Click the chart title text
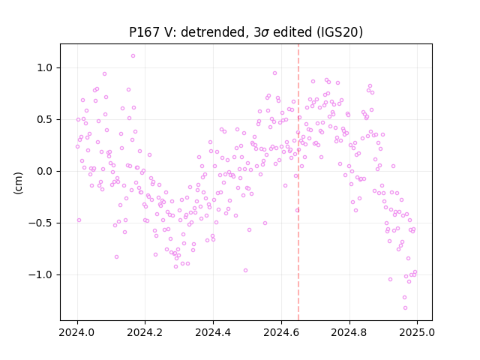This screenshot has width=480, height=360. tap(246, 32)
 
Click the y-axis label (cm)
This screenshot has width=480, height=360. tap(18, 183)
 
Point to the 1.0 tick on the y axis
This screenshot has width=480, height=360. tap(45, 67)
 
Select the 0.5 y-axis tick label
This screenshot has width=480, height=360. tap(45, 119)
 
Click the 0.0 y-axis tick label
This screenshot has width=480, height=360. tap(45, 171)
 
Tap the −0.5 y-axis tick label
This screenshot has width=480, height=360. tap(41, 223)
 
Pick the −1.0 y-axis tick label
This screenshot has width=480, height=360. tap(41, 274)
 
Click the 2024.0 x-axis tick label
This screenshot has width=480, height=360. tap(77, 332)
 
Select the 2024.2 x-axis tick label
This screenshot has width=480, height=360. tap(145, 332)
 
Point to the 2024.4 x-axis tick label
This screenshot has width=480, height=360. tap(213, 332)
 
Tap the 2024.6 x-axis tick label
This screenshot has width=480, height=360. tap(281, 332)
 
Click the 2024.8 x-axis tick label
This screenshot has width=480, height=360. tap(349, 332)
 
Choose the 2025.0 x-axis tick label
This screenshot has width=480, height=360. tap(417, 332)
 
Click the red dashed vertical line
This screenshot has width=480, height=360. tap(298, 182)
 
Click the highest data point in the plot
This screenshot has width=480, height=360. tap(133, 55)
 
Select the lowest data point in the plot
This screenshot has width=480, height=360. tap(405, 307)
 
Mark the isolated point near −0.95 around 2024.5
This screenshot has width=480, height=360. tap(245, 270)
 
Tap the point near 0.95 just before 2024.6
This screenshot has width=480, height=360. tap(275, 73)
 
